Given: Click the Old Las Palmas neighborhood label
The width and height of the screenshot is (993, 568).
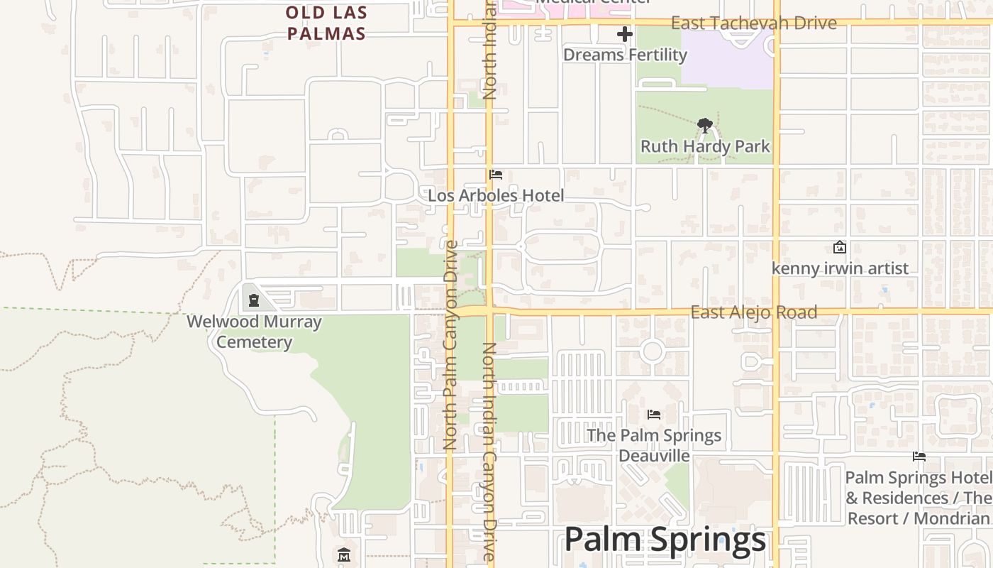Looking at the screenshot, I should point(326,23).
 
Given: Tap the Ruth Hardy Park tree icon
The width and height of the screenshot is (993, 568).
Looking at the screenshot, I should point(704,126).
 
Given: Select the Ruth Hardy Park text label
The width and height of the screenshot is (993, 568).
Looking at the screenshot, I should point(705,146).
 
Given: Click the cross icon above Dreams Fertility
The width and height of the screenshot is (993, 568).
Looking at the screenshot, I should point(624,34).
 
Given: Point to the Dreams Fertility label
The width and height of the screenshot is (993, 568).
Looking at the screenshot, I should point(625,55).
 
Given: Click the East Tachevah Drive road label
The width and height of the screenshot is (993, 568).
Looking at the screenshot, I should point(753,23).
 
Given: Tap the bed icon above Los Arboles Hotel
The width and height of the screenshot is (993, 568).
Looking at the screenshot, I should point(496,175).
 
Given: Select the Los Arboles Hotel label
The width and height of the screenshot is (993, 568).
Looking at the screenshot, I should point(496,195).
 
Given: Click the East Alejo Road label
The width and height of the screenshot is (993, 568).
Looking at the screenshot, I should point(753,312).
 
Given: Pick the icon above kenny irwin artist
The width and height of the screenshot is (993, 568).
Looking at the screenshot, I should point(840,247).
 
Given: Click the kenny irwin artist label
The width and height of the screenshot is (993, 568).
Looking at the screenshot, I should point(840,268).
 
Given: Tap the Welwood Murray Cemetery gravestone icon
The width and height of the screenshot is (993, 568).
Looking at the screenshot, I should point(253,300).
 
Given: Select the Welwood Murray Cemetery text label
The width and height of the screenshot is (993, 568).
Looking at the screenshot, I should point(254,332).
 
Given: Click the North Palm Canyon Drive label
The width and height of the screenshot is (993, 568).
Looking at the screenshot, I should point(450,345).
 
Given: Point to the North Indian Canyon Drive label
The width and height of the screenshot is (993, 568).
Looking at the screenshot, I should point(489,452).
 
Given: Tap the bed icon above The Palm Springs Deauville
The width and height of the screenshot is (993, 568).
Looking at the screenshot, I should point(654,414).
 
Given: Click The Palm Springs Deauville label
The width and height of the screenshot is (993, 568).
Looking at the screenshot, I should point(654,445).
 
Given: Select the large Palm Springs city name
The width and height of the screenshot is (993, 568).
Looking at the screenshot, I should point(665,540).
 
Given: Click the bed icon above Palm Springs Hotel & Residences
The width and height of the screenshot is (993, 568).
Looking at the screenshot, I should point(919,457).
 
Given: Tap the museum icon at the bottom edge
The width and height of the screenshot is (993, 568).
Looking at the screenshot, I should point(344,555).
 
